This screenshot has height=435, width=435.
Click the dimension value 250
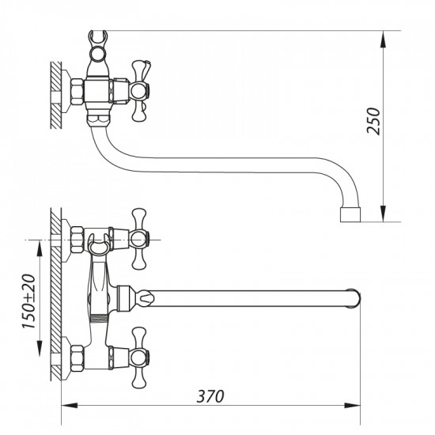click(x=377, y=121)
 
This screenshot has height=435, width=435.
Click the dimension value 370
click(x=210, y=393)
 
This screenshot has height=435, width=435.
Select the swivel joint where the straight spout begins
click(x=127, y=298)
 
